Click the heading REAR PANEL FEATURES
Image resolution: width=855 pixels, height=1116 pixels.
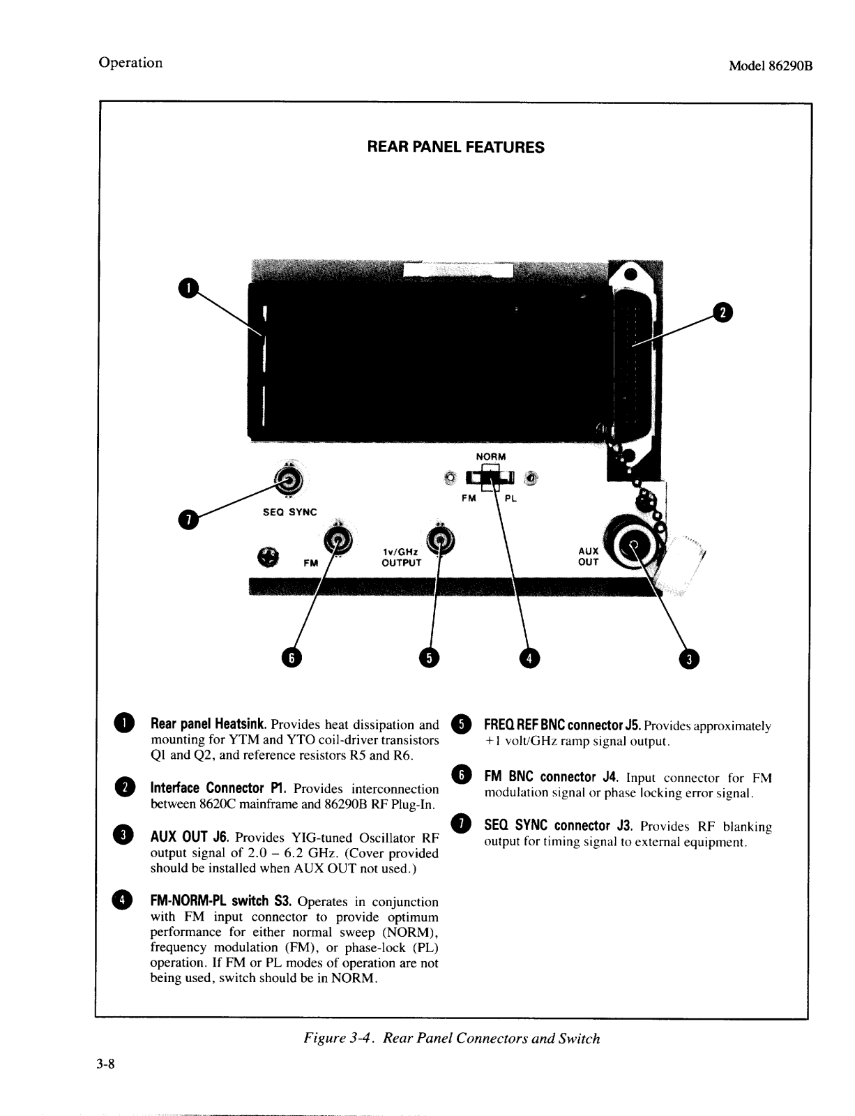pos(455,147)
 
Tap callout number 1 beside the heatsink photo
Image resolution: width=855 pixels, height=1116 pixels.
pos(188,287)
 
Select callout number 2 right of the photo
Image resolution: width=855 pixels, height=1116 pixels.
pos(723,313)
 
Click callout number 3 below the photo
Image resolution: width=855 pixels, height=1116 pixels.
pos(689,659)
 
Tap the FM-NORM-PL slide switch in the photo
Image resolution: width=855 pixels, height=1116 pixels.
pos(492,478)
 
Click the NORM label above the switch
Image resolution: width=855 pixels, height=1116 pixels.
pos(491,457)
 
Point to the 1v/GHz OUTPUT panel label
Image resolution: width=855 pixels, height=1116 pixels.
pos(401,557)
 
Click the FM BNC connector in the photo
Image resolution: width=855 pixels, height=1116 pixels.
pos(338,541)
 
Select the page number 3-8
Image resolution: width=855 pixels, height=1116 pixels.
pos(106,1064)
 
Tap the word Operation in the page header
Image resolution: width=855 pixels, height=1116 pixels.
pos(130,63)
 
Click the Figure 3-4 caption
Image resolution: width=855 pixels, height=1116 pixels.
pos(451,1038)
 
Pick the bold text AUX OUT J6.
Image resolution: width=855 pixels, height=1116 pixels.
pos(190,837)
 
